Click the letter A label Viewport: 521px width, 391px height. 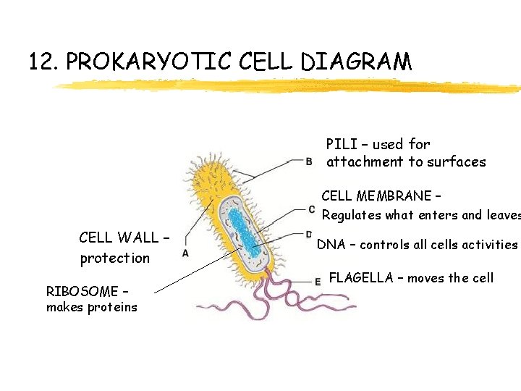coord(186,253)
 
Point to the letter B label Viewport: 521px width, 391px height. coord(310,161)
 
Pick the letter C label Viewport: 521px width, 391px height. coord(311,210)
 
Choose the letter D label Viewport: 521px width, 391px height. coord(308,235)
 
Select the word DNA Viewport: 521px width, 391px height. coord(331,245)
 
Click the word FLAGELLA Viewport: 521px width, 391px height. coord(361,277)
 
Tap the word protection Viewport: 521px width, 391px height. coord(115,258)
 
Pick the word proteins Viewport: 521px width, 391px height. coord(113,308)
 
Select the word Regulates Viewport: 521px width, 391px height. coord(351,215)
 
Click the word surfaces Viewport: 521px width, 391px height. coord(457,162)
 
